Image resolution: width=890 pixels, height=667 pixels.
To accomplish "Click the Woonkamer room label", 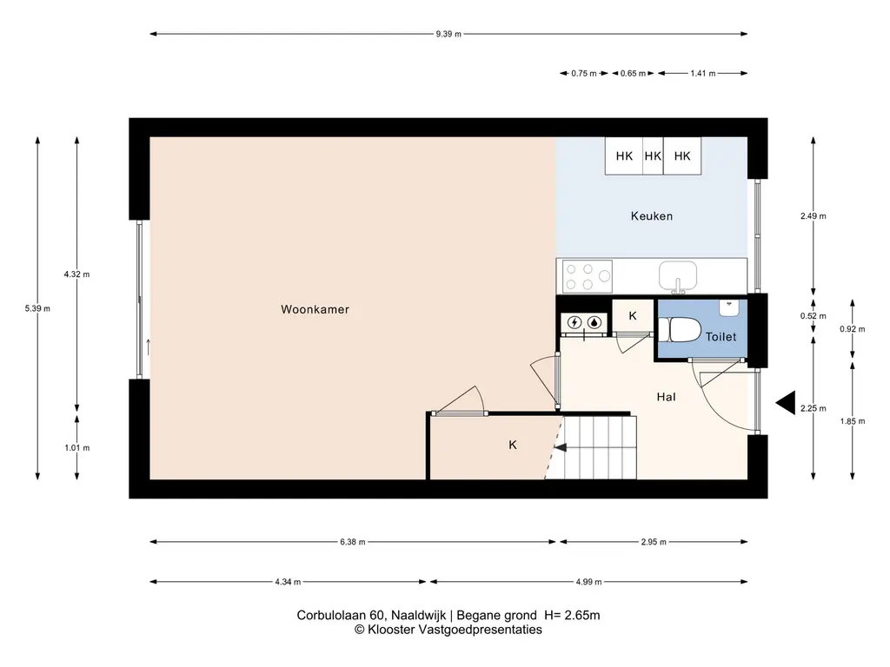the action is tap(315, 310).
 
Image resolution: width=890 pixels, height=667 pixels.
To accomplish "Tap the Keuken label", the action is tap(652, 216).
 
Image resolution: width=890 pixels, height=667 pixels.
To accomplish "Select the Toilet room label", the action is tap(721, 337).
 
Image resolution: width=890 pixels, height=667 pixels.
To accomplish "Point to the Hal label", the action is tap(667, 397).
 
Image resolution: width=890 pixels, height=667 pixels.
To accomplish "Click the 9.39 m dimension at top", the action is tap(448, 34).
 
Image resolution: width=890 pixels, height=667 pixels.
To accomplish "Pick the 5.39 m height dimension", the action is tap(37, 308).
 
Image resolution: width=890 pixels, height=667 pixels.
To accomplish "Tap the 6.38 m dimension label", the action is tap(353, 542).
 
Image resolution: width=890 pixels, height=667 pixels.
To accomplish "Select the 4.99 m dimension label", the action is tap(588, 581).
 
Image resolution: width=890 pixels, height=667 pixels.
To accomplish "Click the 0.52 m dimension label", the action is tap(814, 316).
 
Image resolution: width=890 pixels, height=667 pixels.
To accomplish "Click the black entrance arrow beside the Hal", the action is tap(786, 403).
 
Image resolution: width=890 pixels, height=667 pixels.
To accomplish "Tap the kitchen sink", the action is tap(678, 277).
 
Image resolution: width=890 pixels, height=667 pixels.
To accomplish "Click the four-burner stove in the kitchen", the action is tap(588, 276).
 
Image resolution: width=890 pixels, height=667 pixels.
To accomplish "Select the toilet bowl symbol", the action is tap(680, 329).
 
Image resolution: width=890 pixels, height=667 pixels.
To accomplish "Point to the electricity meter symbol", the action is tap(575, 323).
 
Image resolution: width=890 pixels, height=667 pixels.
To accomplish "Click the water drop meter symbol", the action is tap(594, 323).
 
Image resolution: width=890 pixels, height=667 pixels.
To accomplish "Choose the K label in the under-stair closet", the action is tap(513, 446).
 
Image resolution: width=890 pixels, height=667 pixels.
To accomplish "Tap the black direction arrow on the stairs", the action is tap(561, 448).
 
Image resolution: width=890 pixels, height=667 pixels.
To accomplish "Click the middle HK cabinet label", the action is tap(654, 156).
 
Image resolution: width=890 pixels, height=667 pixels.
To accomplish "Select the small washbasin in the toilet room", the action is tap(729, 308).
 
